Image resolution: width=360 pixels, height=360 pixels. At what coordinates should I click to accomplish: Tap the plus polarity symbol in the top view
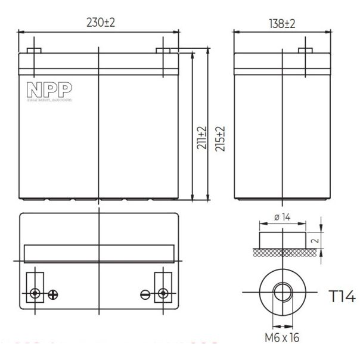(52, 293)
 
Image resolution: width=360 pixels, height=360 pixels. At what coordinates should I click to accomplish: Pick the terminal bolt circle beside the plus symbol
(36, 293)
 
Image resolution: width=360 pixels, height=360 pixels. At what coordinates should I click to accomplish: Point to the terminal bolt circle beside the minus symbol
(162, 293)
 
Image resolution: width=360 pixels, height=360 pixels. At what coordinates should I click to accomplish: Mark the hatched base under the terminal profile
(284, 253)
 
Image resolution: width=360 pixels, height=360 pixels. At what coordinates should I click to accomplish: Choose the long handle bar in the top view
(99, 253)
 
